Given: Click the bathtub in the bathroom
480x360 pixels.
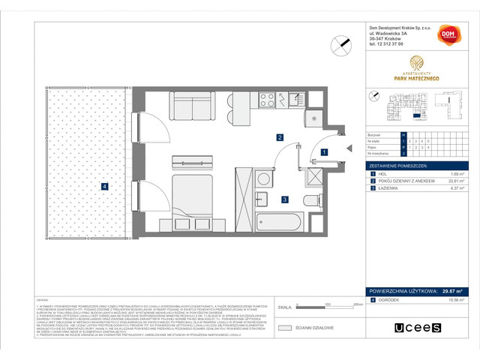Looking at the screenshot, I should coord(279,222).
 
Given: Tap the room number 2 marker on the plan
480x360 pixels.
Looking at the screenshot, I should coord(279,137).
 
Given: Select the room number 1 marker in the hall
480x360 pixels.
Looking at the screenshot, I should coord(323,152).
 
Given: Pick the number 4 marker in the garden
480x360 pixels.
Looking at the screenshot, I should coord(106,186).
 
